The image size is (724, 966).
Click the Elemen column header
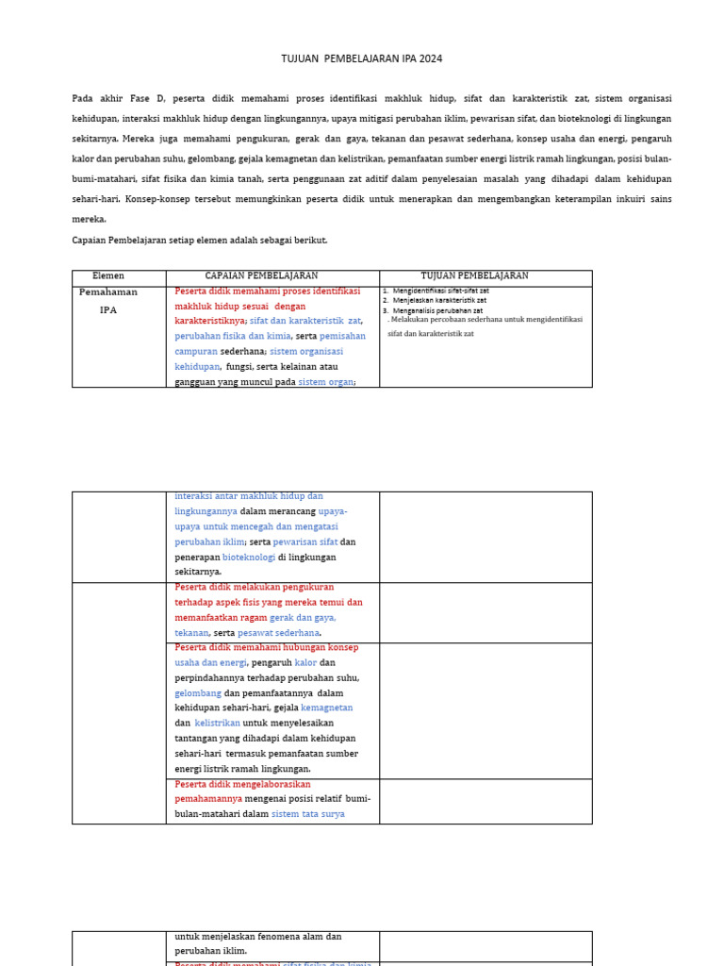[108, 276]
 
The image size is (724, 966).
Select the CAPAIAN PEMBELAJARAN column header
[261, 276]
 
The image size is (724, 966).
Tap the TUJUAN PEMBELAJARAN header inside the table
[474, 276]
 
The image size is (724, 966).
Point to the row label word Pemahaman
[108, 292]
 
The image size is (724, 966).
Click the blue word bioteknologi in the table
[250, 558]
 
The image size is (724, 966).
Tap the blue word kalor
[305, 663]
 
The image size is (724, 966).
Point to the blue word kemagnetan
[326, 708]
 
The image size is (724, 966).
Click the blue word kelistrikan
[218, 724]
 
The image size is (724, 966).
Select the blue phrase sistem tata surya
[307, 814]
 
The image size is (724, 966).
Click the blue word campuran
[196, 352]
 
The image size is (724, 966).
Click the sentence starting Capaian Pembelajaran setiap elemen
[200, 241]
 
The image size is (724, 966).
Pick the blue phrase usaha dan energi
[210, 663]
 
